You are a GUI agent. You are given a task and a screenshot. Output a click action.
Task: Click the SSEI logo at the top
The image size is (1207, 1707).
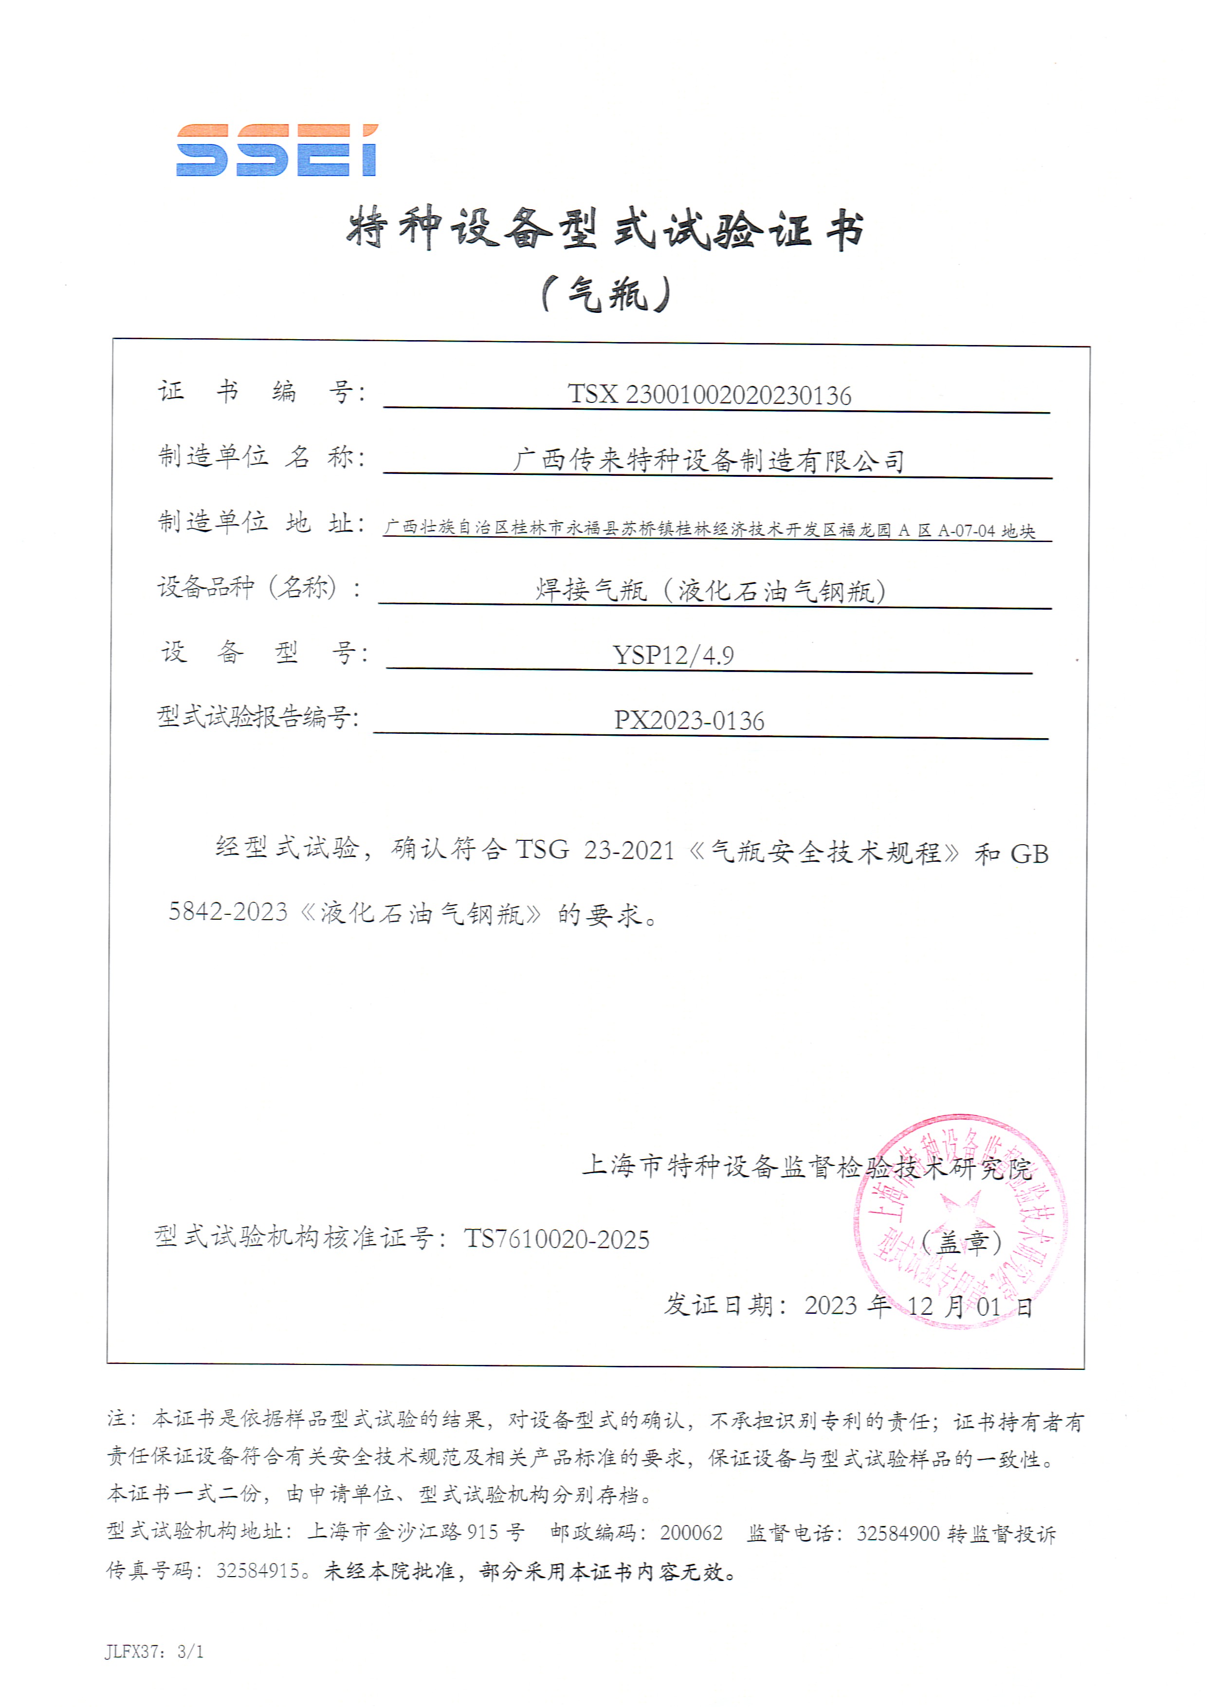(x=276, y=150)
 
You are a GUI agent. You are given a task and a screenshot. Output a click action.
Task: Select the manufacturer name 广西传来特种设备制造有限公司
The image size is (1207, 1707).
(x=708, y=460)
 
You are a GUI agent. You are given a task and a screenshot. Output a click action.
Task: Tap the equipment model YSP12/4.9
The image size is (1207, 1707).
(x=673, y=655)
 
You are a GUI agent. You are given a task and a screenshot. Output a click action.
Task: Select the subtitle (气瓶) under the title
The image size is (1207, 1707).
(x=605, y=294)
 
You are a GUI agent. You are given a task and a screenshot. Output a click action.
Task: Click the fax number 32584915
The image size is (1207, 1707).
(x=258, y=1570)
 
